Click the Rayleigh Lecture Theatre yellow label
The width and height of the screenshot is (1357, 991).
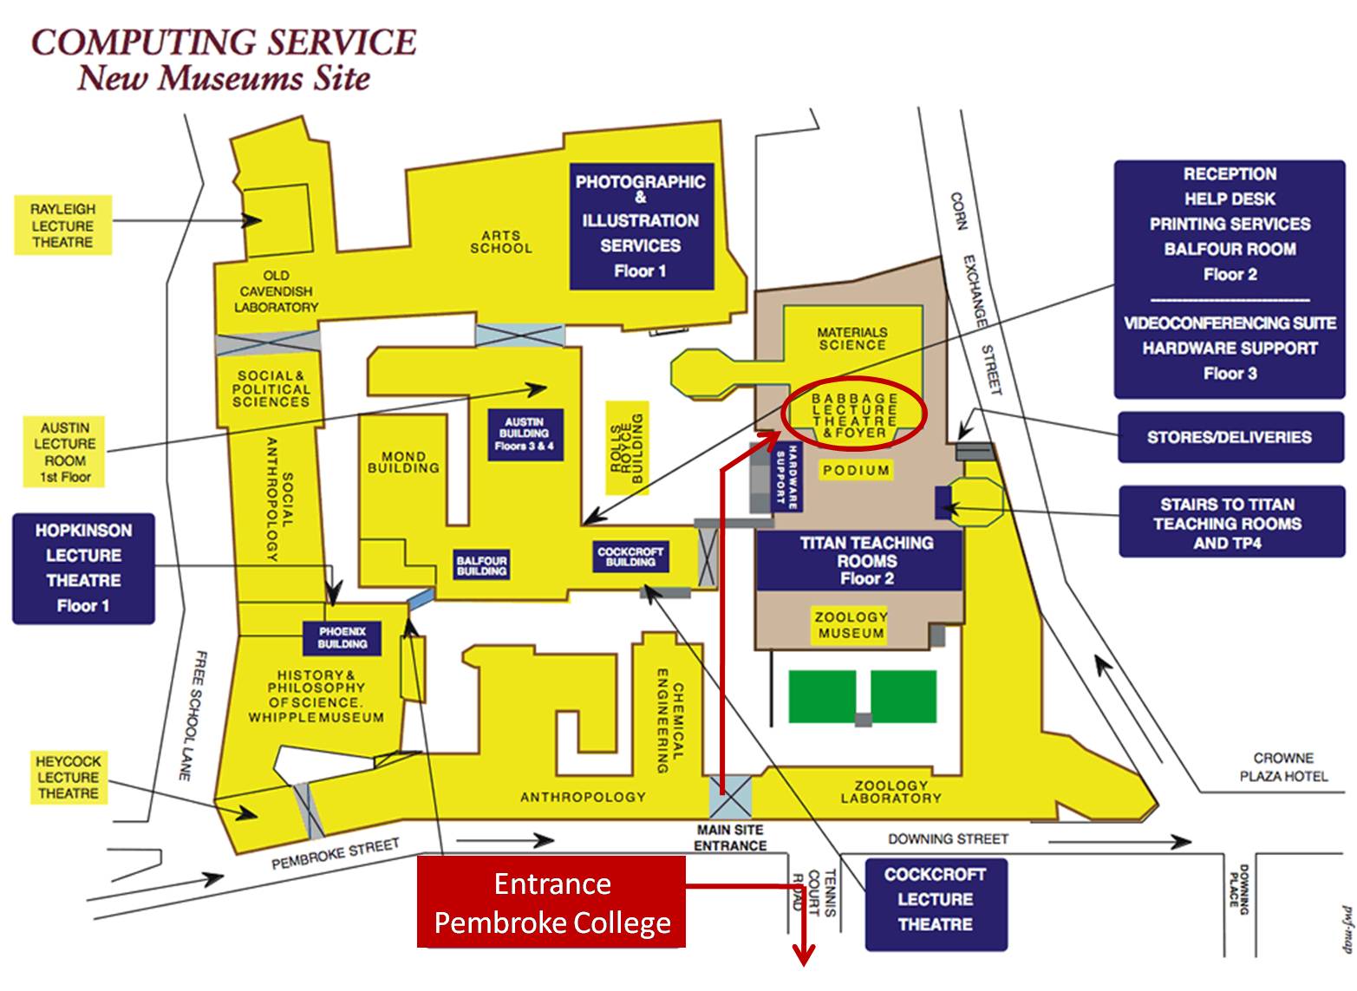pos(63,225)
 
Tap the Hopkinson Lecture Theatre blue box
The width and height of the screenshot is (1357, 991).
pos(83,568)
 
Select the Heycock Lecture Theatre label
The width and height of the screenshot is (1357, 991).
pos(69,777)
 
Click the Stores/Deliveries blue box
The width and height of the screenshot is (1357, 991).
pos(1229,437)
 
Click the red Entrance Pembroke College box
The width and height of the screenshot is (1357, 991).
pos(551,902)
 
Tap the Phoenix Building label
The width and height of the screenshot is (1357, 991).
pos(343,638)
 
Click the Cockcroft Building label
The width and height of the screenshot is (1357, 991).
pos(630,557)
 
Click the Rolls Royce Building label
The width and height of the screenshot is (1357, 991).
pos(627,448)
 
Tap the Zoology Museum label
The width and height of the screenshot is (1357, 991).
pos(851,625)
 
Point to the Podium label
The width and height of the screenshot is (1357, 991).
pos(856,470)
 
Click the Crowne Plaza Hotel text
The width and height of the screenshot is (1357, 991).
pos(1282,767)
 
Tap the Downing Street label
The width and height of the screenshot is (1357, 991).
pos(948,838)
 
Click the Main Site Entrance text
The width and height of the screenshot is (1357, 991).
pos(730,838)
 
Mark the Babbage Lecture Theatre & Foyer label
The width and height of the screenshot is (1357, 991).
pos(854,415)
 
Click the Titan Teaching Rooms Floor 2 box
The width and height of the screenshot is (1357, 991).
pos(866,561)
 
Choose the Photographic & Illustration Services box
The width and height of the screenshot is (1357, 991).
pos(641,226)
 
